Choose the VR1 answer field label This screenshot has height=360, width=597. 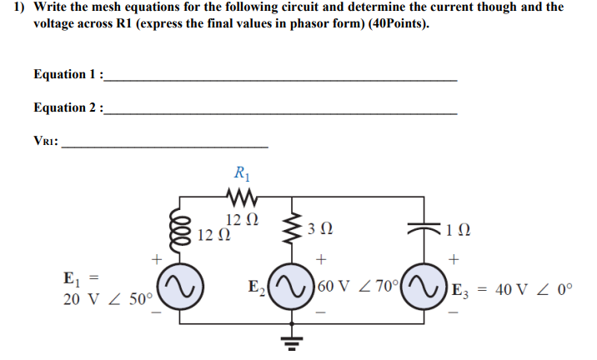tap(47, 141)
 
